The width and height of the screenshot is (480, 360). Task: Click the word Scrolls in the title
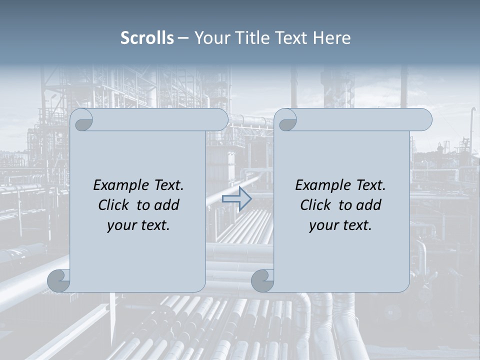point(147,38)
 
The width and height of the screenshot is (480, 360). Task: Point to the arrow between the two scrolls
point(237,199)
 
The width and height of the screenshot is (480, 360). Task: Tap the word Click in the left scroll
point(114,205)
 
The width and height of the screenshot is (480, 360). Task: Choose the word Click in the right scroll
point(316,205)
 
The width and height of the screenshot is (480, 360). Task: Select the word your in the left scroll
point(120,225)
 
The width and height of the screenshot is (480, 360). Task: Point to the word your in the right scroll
point(322,225)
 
